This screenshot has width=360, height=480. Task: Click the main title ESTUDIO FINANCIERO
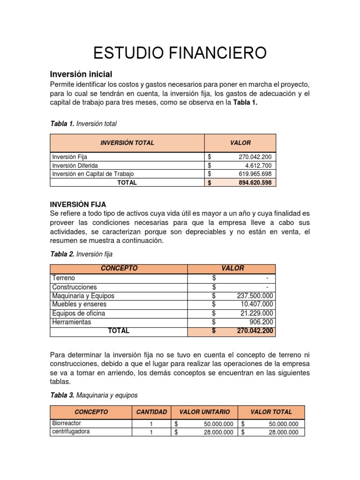click(180, 52)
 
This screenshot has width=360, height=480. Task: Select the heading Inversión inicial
click(81, 74)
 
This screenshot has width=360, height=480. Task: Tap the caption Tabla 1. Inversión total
click(83, 124)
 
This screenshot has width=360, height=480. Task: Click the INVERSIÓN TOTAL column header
click(127, 142)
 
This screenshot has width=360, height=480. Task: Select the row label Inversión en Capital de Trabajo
click(96, 174)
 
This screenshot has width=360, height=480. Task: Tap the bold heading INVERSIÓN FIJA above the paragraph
click(78, 204)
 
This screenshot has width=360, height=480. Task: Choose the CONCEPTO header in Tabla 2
click(119, 268)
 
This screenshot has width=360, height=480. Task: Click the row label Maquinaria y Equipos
click(83, 296)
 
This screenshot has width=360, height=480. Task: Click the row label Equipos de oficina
click(79, 313)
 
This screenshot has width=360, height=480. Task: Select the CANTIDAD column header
click(151, 412)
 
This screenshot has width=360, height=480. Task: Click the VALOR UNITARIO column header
click(204, 412)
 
